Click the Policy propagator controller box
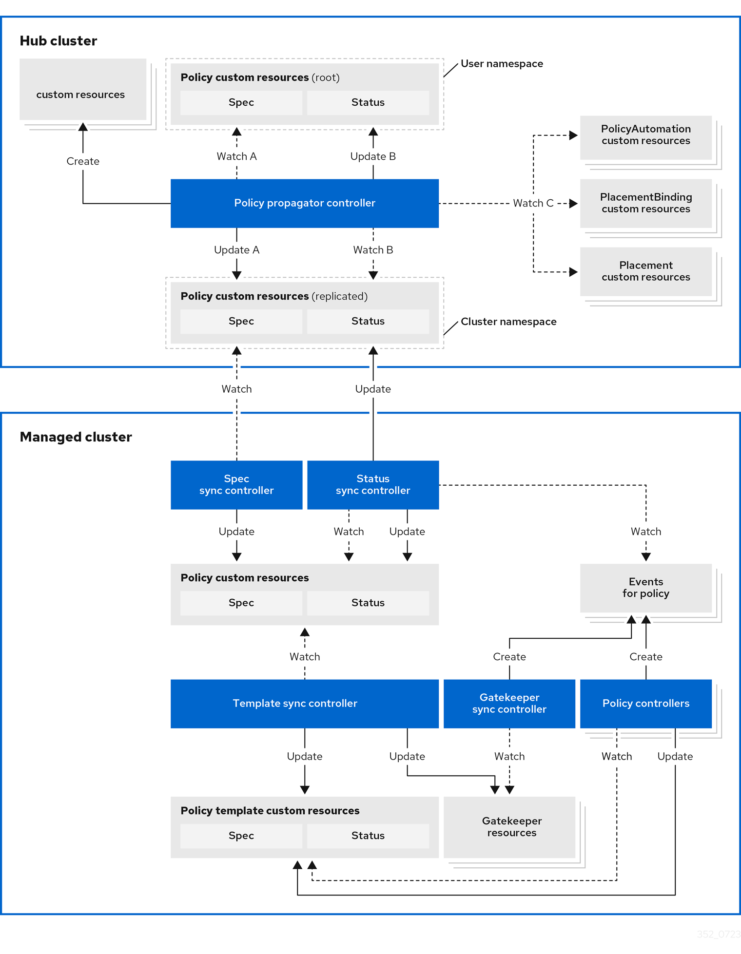[304, 203]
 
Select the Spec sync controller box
[236, 485]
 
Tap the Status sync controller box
[372, 485]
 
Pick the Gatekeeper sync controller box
[509, 704]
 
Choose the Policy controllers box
[645, 704]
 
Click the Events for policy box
[645, 588]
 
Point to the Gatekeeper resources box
[509, 827]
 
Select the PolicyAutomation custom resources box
[645, 135]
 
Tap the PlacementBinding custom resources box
[645, 203]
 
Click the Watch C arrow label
[533, 203]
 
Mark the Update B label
[373, 156]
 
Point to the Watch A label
[236, 156]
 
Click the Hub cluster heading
[58, 41]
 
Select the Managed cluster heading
[76, 437]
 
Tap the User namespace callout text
[502, 64]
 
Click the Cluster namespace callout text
[508, 322]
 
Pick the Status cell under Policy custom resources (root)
[368, 102]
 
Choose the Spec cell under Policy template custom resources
[241, 836]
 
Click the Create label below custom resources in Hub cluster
[83, 161]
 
